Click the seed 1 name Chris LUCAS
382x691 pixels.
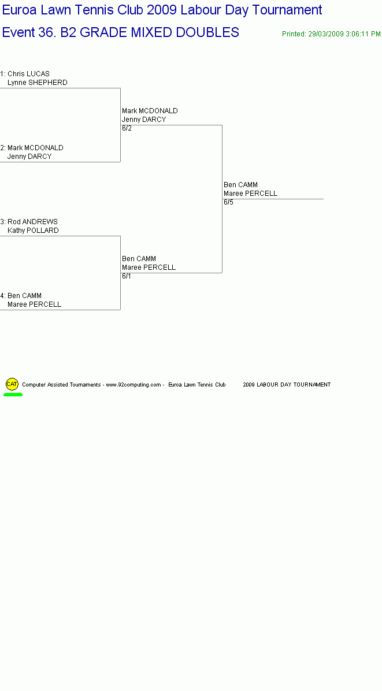click(x=29, y=73)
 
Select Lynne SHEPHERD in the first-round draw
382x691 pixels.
click(x=38, y=83)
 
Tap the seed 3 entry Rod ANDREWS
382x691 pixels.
click(x=32, y=222)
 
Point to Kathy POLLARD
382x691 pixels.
click(x=33, y=231)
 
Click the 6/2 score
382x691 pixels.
click(x=127, y=128)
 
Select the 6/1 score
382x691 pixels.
click(x=127, y=276)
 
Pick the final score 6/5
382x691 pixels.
click(x=229, y=202)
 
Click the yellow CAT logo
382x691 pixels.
click(x=12, y=384)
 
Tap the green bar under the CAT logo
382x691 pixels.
click(x=13, y=395)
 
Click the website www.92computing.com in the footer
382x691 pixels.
click(x=133, y=385)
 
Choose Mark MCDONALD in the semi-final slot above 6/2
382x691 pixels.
click(x=150, y=110)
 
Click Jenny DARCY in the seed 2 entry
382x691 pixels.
click(x=29, y=157)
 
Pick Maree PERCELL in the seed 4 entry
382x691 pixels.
click(x=34, y=304)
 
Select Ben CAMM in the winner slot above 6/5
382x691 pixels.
click(x=240, y=185)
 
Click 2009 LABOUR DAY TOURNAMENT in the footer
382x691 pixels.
click(x=287, y=385)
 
